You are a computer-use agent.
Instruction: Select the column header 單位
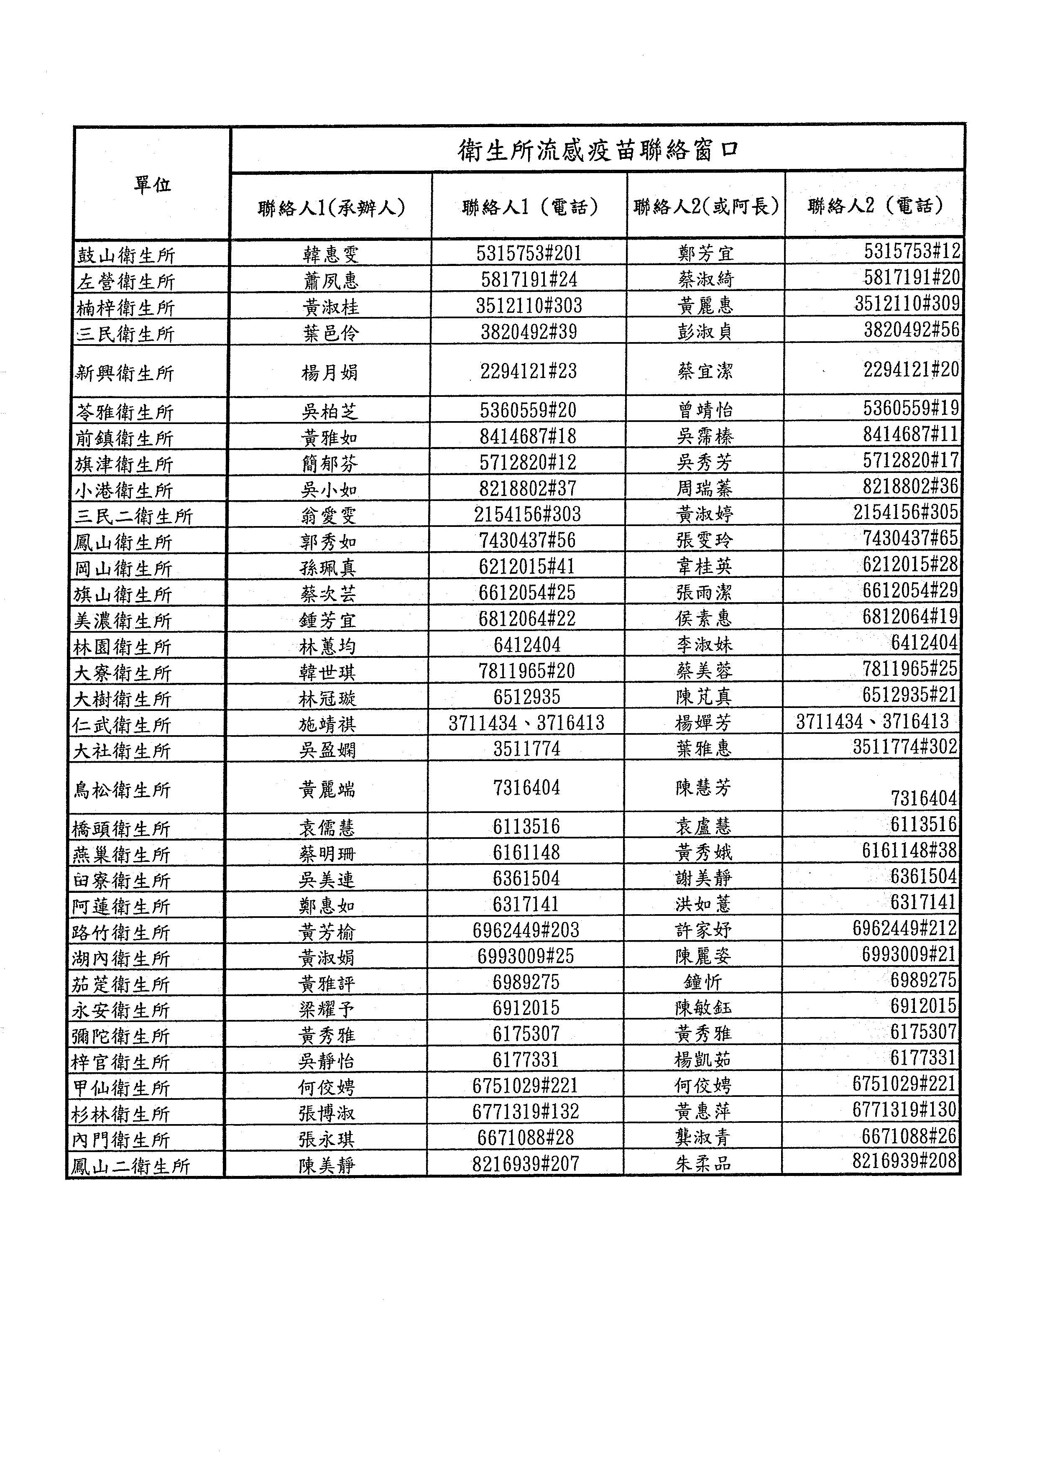click(152, 185)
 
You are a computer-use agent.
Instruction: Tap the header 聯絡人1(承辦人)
click(331, 208)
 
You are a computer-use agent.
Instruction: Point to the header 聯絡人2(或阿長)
click(706, 207)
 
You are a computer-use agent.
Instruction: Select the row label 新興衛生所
click(125, 373)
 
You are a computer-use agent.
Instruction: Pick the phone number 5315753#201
click(529, 254)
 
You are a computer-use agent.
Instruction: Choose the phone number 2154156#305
click(905, 512)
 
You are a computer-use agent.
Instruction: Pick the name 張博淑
click(326, 1113)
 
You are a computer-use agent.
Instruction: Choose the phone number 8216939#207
click(525, 1164)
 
